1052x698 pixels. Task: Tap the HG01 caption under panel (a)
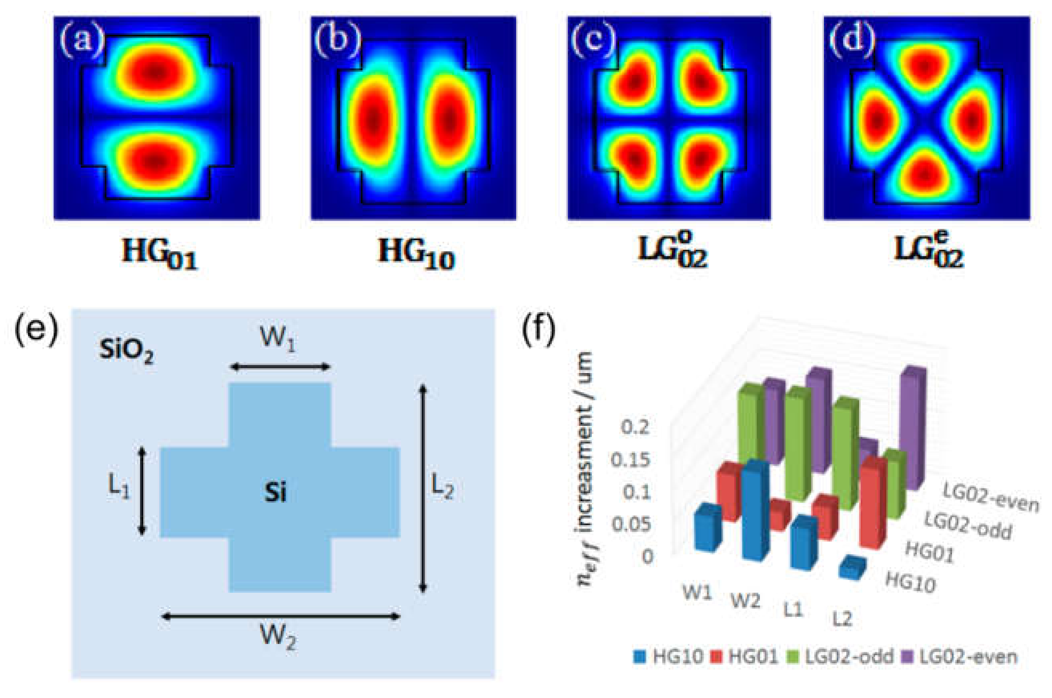[159, 257]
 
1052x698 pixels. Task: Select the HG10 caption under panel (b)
[416, 257]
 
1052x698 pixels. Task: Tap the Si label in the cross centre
[275, 493]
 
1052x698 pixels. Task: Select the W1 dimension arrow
[281, 367]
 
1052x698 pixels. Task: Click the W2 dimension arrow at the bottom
[281, 616]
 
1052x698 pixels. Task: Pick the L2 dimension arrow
[423, 489]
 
